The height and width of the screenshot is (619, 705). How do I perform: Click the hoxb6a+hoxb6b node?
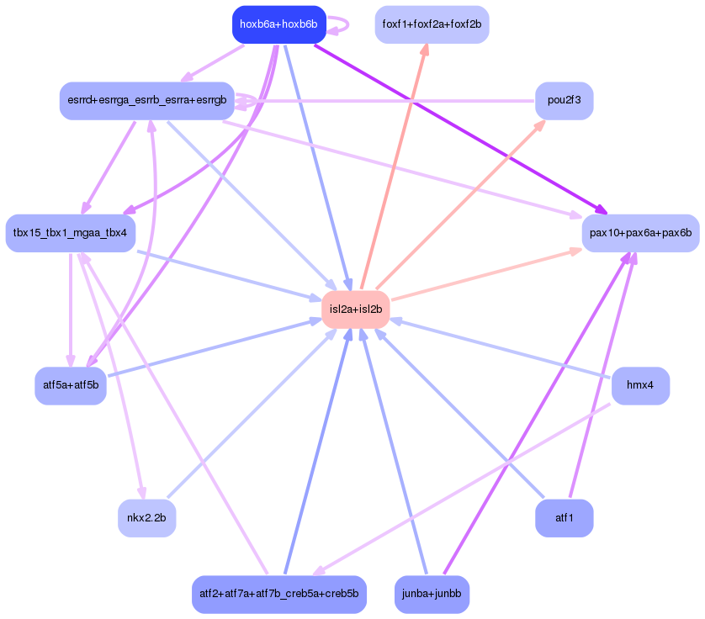pos(278,24)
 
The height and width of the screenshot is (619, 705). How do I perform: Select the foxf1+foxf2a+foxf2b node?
pos(432,24)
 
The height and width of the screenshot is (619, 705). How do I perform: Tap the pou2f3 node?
pos(565,101)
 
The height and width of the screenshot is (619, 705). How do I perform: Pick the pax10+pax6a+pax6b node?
pos(641,233)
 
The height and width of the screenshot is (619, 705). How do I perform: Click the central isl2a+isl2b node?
pos(356,309)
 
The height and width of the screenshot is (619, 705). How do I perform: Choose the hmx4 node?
pos(640,386)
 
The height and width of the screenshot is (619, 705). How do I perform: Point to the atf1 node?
pos(565,518)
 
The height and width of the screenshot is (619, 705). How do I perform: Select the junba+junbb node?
pos(432,595)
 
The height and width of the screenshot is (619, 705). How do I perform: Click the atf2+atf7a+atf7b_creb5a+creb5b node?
pos(279,595)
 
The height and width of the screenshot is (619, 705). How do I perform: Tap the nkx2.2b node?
pos(146,518)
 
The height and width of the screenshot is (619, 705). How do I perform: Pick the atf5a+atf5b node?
pos(71,386)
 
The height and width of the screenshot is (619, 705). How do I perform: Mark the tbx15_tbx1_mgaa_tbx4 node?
pos(70,233)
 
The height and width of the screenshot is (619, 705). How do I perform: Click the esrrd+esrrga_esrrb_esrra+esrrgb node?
pos(147,101)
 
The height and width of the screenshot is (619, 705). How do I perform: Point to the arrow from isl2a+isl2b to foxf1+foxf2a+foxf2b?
pos(395,167)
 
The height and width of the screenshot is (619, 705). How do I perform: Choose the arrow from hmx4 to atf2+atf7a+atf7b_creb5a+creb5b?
pos(461,489)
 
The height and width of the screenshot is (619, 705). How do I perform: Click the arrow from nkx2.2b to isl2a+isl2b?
pos(252,414)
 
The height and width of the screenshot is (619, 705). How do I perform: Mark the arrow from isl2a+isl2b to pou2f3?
pos(461,205)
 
